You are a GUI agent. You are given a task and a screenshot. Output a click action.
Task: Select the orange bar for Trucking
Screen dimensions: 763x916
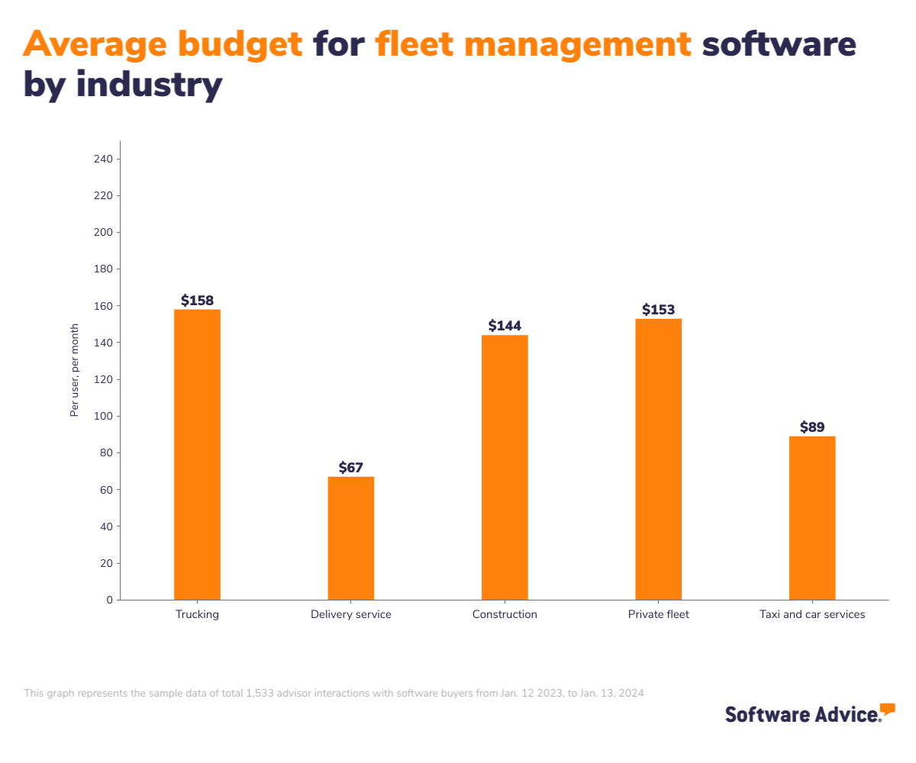[197, 454]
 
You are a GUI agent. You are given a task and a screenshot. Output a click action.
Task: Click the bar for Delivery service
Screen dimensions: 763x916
[351, 538]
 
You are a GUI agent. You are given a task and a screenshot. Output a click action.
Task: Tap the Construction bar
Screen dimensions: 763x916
[505, 467]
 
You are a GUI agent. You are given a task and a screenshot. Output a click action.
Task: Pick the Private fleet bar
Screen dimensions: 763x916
[658, 459]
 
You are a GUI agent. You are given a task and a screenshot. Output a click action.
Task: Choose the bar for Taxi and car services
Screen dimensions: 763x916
[812, 517]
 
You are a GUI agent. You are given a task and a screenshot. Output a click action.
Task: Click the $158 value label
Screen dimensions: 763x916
[197, 301]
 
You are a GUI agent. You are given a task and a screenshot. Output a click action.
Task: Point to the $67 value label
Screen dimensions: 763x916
[351, 468]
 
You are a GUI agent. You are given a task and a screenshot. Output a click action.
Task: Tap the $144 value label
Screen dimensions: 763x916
[505, 327]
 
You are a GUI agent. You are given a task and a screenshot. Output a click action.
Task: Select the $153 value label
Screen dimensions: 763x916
[658, 310]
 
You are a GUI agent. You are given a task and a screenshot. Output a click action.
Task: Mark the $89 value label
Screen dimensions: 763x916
[812, 427]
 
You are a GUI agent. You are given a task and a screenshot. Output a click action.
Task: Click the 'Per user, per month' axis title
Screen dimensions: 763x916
[75, 370]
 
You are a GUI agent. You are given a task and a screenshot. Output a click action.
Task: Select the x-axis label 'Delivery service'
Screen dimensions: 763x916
[351, 614]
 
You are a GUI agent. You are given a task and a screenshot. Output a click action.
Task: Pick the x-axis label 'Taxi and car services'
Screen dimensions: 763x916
[812, 614]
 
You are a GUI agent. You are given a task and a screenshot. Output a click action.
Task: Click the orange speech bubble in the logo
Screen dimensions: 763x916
[887, 709]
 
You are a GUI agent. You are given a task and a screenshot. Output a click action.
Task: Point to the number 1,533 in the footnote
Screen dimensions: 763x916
[261, 694]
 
